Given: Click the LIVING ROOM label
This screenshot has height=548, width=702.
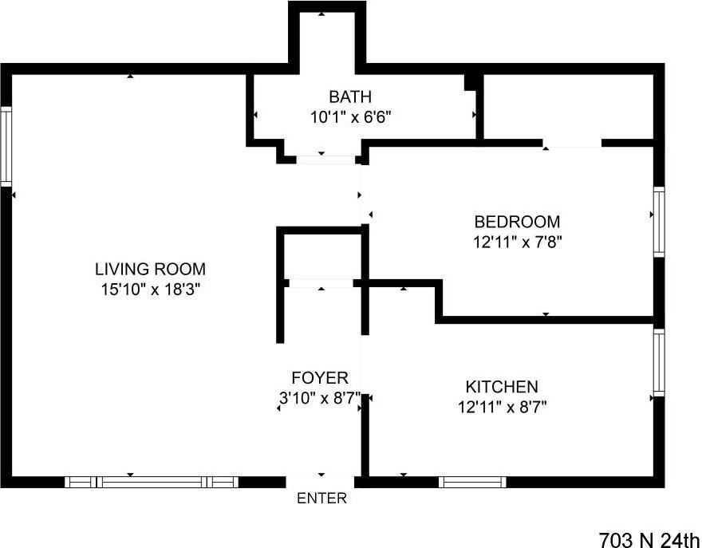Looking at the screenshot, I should (150, 269).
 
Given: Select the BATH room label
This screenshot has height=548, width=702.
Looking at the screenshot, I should (350, 97).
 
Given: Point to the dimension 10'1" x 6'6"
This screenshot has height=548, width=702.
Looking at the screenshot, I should (350, 117).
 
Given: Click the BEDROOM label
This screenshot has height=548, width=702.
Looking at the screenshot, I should (517, 222).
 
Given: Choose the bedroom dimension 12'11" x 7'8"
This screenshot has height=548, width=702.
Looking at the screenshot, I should (517, 242).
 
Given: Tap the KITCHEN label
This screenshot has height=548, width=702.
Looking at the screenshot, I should (502, 387).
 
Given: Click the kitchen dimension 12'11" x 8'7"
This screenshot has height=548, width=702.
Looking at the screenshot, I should (502, 407).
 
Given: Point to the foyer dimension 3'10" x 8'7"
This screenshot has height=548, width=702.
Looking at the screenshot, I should (319, 397).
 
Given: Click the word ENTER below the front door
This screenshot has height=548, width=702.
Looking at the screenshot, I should (321, 499).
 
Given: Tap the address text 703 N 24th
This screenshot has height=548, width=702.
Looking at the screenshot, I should (649, 538).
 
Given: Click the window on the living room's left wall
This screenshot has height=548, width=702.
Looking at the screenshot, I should (6, 147).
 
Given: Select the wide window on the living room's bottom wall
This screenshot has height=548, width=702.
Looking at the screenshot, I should (152, 482).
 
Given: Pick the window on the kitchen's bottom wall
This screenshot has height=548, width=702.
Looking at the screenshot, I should (472, 482).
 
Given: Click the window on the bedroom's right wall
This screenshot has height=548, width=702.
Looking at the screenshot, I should (659, 222).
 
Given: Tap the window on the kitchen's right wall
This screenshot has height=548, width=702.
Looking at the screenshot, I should (659, 363).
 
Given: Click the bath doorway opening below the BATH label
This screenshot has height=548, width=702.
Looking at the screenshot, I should (325, 160).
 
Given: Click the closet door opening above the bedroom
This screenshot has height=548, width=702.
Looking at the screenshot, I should (572, 144).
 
